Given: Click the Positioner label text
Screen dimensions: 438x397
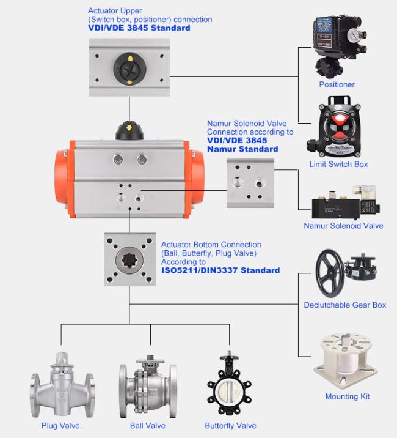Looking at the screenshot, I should [x=337, y=84].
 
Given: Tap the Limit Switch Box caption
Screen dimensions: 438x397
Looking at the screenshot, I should [x=338, y=164].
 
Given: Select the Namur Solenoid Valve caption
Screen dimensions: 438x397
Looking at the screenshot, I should [x=343, y=226].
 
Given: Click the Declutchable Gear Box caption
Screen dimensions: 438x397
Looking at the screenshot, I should [x=344, y=305].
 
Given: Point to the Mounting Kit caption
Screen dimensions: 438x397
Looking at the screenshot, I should [x=347, y=396].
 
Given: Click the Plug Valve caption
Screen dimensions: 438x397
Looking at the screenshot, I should [x=60, y=426].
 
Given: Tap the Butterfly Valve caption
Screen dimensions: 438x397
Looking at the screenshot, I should [x=230, y=426].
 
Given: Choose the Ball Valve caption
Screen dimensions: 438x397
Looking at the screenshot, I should [x=147, y=426].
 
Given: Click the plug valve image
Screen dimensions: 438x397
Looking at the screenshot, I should [x=62, y=385].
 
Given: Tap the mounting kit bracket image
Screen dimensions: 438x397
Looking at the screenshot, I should [x=346, y=360].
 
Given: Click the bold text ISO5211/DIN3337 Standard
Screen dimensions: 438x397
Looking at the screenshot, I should [x=220, y=270].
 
